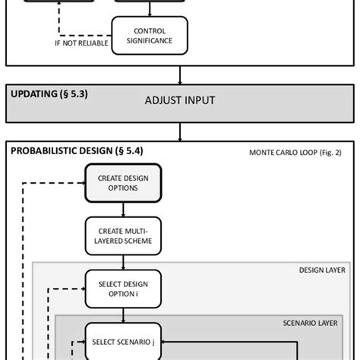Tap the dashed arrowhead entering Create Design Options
pyautogui.click(x=82, y=182)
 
